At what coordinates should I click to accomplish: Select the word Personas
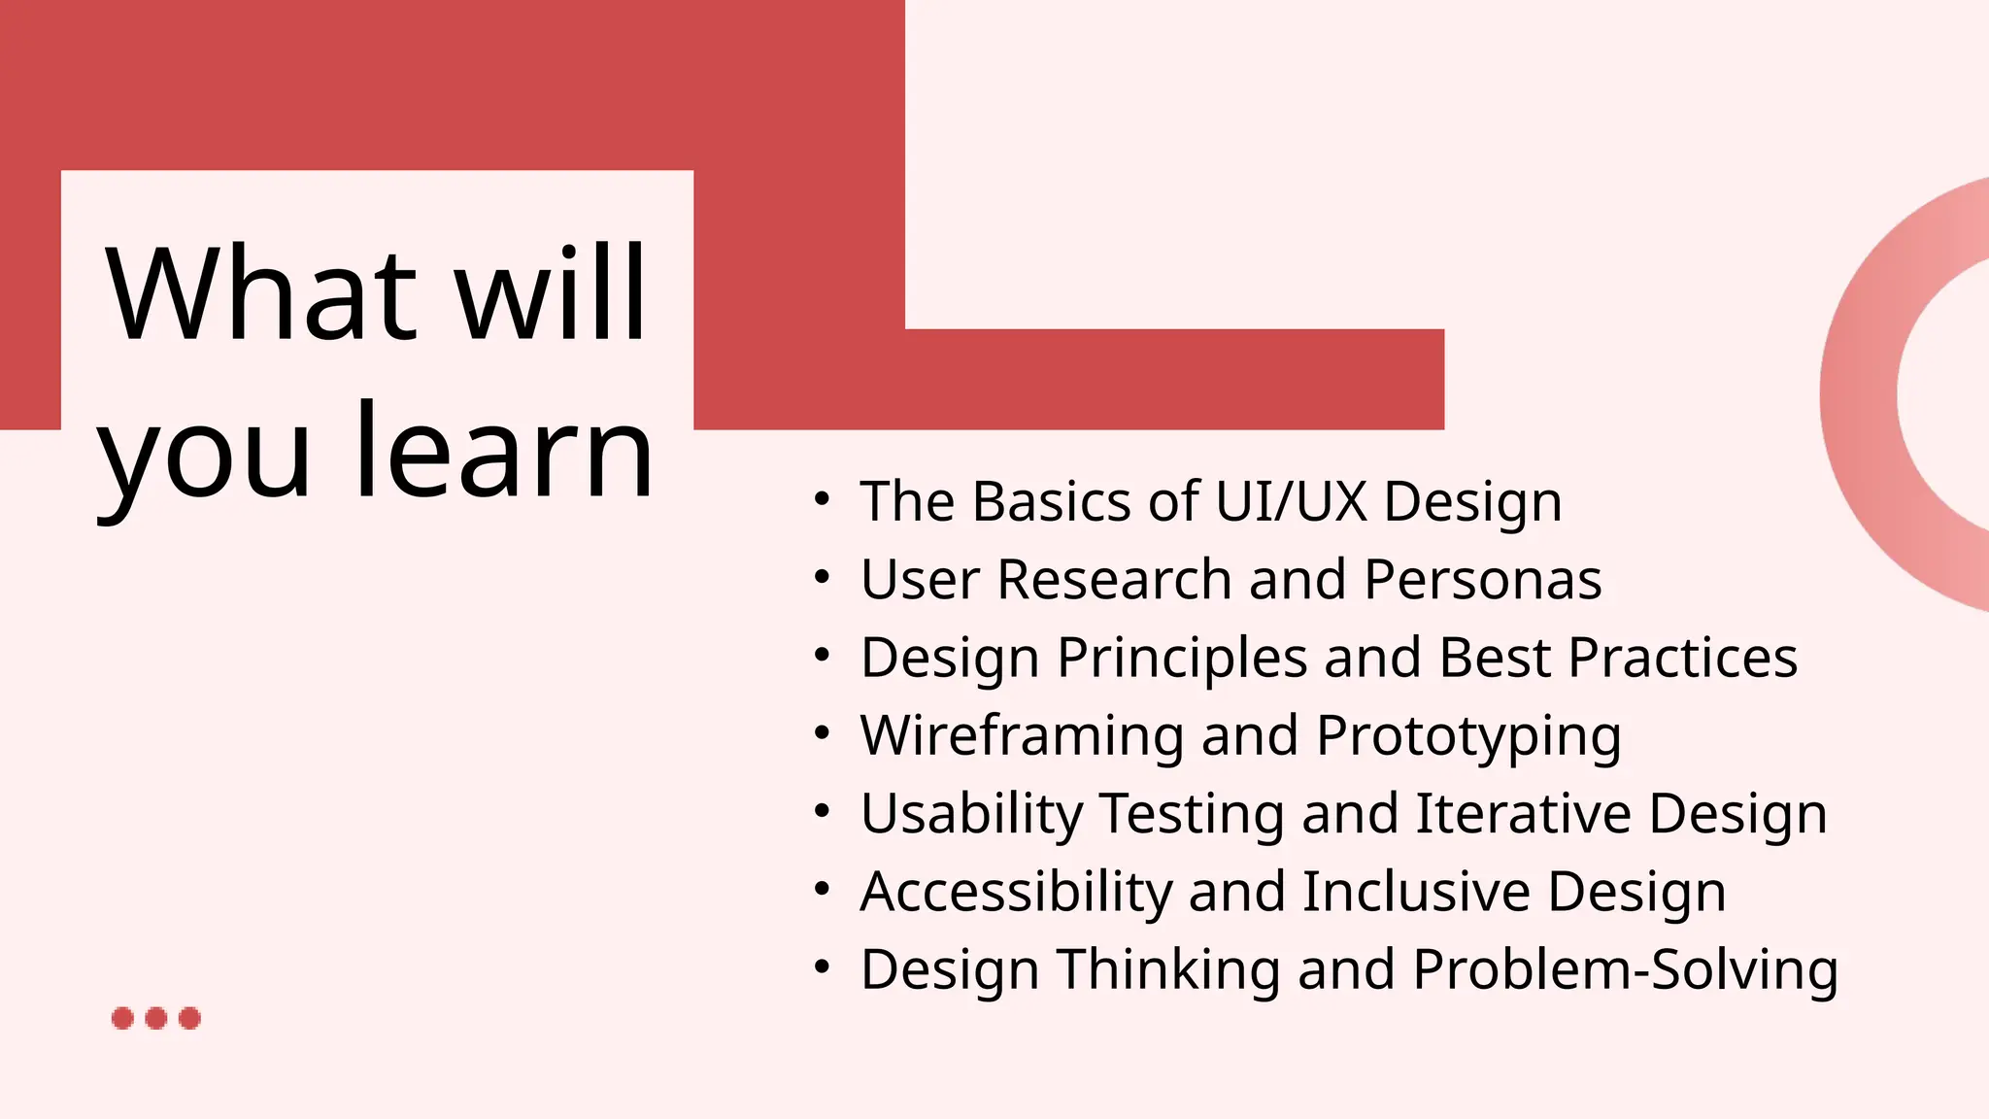coord(1482,580)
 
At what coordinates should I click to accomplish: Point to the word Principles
coord(1182,658)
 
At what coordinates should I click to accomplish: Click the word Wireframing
coord(1022,735)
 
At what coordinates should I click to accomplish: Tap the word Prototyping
coord(1468,736)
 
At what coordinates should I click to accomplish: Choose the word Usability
coord(971,814)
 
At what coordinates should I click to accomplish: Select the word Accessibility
coord(1015,892)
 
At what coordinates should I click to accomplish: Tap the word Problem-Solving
coord(1625,969)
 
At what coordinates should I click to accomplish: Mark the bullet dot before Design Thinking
coord(822,968)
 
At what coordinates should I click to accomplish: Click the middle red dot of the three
coord(155,1018)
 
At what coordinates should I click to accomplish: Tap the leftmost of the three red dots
coord(122,1018)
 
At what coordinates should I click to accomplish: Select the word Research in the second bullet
coord(1114,580)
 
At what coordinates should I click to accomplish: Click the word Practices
coord(1682,658)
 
